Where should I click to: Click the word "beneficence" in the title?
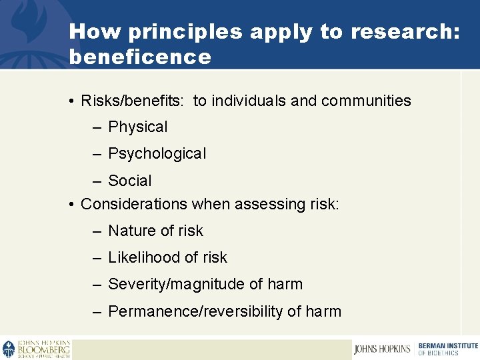(x=140, y=57)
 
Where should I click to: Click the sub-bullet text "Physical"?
(x=138, y=127)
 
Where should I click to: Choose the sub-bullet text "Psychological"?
(x=157, y=153)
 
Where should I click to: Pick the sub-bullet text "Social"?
(x=130, y=181)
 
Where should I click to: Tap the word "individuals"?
(x=249, y=101)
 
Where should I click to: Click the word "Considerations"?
(x=134, y=204)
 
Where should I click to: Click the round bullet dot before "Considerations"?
(x=71, y=205)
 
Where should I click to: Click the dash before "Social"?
(x=97, y=181)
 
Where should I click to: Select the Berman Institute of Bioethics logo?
(x=447, y=349)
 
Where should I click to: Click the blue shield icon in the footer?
(x=8, y=349)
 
